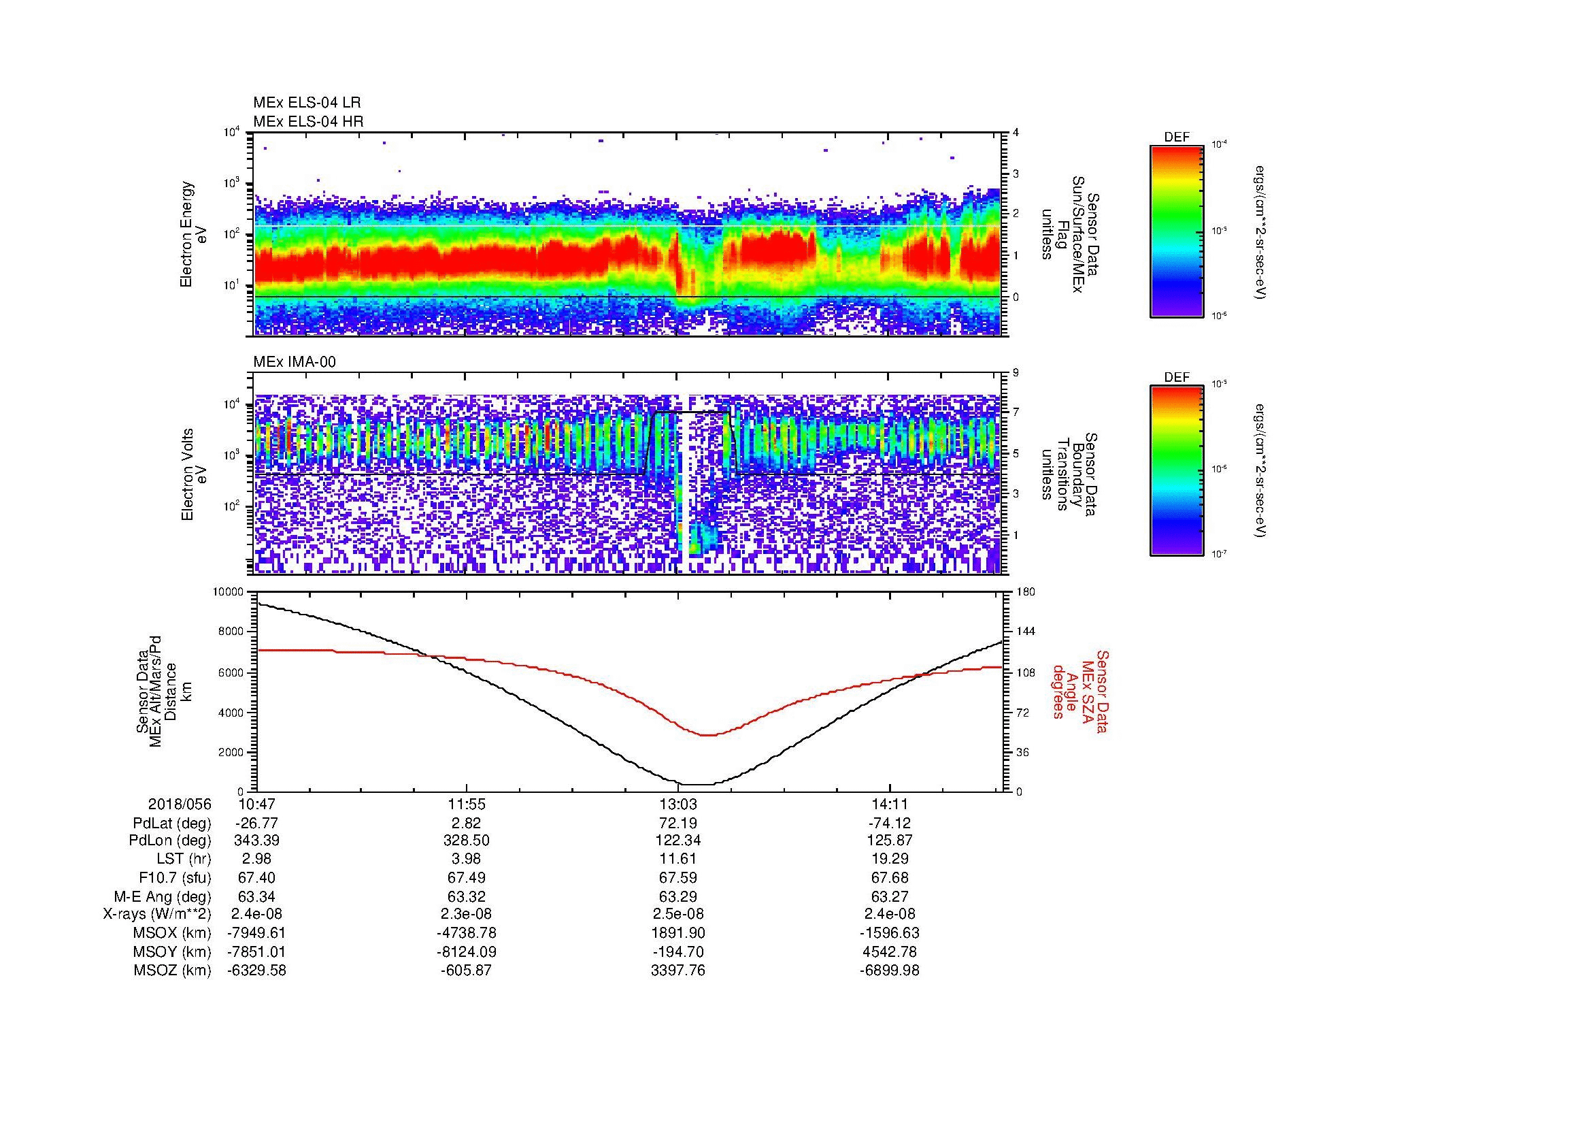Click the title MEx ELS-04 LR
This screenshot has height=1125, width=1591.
tap(306, 103)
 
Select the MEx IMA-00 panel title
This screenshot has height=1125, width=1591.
tap(295, 362)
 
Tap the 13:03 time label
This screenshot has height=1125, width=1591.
tap(677, 804)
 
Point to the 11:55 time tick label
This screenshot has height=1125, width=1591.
tap(467, 804)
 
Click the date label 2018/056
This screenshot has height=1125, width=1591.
tap(180, 804)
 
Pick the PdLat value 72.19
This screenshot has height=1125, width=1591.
tap(677, 823)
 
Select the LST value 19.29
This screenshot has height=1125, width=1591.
tap(890, 859)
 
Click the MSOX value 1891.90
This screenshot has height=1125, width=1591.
tap(677, 933)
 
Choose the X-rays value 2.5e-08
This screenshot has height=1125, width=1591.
tap(677, 914)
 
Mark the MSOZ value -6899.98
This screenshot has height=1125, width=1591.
tap(890, 971)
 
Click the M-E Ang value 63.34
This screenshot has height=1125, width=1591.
tap(256, 896)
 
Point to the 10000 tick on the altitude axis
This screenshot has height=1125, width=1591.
tap(229, 592)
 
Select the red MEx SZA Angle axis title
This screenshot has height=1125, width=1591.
tap(1081, 691)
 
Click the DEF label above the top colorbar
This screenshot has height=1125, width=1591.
tap(1177, 137)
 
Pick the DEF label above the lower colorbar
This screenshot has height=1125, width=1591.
tap(1177, 378)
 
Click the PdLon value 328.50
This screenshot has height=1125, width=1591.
tap(467, 840)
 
